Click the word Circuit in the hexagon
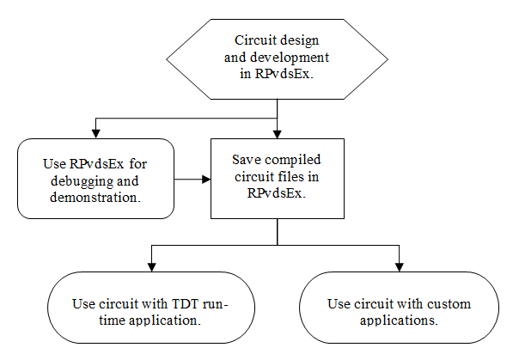255,40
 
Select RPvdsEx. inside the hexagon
284,73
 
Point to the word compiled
293,160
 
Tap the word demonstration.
95,198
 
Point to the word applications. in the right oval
399,320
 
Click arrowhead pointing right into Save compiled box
206,180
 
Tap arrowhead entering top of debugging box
95,134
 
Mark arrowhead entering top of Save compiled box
277,134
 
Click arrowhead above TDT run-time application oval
151,267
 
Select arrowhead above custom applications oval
400,267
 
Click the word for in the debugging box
137,164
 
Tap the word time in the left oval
112,320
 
